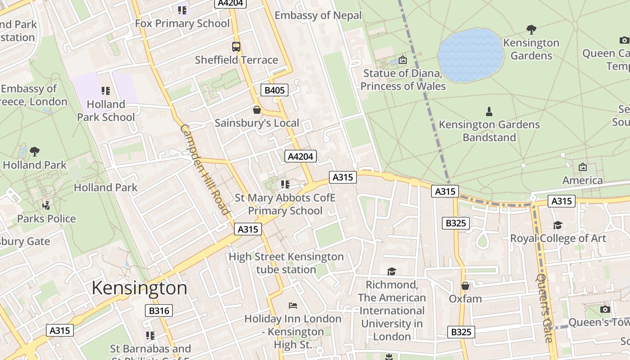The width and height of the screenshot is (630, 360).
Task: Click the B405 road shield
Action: pos(274,90)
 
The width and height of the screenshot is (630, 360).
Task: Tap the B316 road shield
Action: pos(159,310)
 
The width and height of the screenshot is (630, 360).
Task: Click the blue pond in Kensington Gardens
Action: pos(471,55)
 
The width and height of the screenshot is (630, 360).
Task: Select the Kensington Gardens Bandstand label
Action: pos(489,130)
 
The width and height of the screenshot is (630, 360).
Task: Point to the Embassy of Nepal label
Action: pos(318,15)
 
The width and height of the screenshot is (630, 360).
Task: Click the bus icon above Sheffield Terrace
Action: pos(236,46)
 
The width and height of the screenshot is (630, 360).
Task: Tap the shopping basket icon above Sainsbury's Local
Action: pos(256,110)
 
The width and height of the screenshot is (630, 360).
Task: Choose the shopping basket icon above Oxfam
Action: pos(465,286)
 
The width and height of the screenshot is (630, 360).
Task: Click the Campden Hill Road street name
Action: pos(205,170)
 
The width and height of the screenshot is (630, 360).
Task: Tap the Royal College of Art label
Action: pos(558,238)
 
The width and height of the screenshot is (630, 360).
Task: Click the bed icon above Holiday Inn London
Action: pos(293,306)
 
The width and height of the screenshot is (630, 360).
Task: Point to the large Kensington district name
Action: pos(139,288)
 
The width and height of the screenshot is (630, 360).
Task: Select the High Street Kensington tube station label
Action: pos(286,263)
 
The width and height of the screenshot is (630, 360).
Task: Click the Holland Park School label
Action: pos(106,111)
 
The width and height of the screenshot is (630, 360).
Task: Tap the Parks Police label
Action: pos(46,219)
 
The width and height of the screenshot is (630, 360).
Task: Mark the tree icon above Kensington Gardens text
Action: pos(531,30)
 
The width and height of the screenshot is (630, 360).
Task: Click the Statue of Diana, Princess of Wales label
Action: pos(403,79)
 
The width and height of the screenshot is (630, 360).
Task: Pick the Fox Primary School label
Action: pos(182,23)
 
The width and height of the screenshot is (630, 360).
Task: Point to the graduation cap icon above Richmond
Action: pos(391,271)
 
